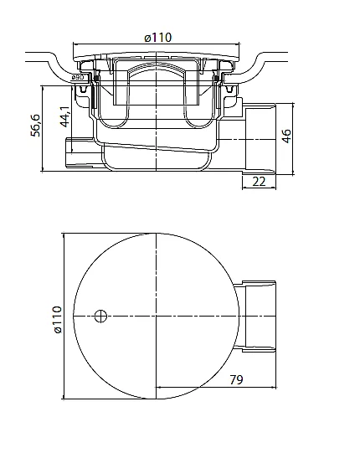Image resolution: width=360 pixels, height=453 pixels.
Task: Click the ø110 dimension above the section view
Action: click(157, 38)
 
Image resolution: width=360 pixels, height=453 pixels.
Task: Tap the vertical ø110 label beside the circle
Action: click(58, 320)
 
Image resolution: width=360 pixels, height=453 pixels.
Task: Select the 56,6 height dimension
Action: click(36, 125)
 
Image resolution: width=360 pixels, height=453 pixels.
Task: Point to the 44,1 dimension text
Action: click(65, 116)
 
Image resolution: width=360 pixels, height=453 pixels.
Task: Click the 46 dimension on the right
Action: click(286, 136)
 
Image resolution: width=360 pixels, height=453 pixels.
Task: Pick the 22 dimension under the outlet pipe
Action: click(259, 182)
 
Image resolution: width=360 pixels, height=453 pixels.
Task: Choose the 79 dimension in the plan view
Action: click(236, 379)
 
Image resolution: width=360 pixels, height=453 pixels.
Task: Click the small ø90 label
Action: click(77, 77)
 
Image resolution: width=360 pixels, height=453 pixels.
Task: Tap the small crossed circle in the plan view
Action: click(100, 316)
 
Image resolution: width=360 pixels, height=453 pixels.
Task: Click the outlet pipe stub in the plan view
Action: click(255, 316)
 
